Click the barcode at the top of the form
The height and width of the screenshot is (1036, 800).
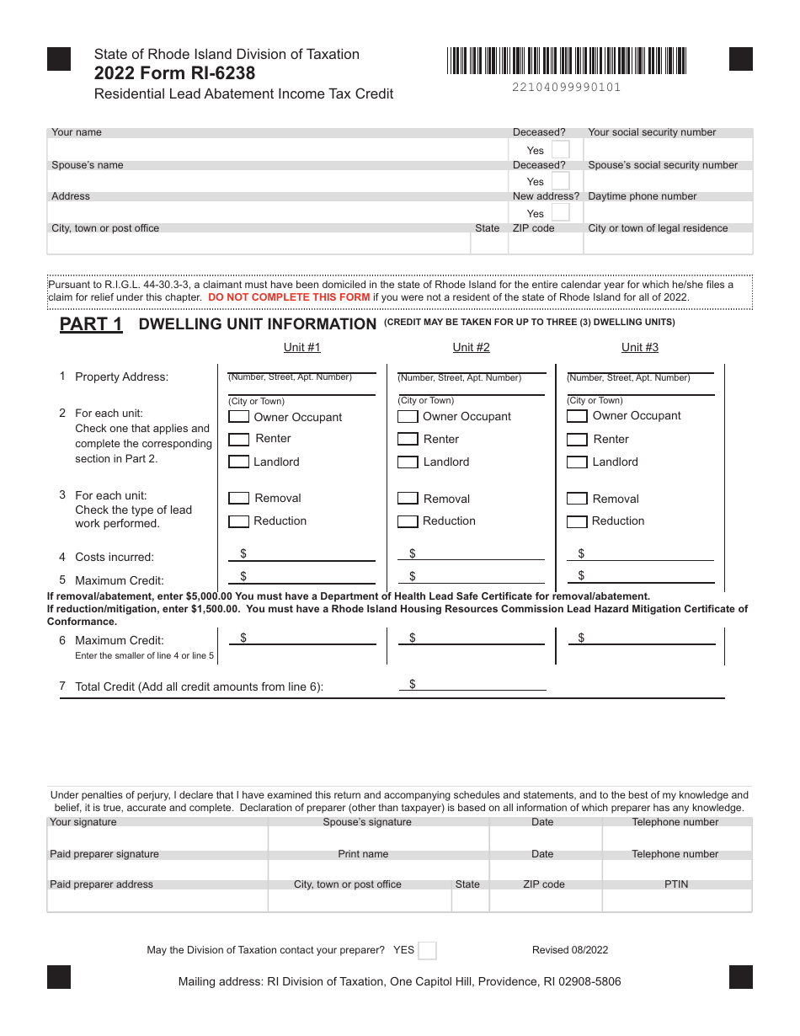(567, 61)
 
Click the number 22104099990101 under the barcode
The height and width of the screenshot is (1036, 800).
(566, 87)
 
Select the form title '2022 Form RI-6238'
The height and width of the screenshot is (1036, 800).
(174, 73)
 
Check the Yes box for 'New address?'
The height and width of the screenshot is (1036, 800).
(560, 213)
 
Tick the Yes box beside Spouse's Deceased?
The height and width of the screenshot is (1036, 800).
(560, 181)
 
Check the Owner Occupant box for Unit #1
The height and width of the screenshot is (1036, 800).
(238, 417)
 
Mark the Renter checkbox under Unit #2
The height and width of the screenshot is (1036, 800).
(408, 439)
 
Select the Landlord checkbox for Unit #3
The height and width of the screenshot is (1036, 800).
(577, 462)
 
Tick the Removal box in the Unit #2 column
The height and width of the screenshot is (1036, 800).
(408, 499)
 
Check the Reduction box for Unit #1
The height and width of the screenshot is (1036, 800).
(238, 521)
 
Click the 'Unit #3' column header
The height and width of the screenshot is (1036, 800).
(640, 347)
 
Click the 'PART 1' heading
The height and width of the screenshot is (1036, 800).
(91, 324)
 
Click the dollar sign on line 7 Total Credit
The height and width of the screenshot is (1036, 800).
(413, 684)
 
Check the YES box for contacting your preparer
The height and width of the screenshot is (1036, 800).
(427, 950)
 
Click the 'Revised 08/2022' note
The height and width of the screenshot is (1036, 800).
(570, 950)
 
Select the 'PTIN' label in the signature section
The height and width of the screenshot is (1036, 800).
(676, 884)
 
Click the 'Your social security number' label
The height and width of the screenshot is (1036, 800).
(652, 132)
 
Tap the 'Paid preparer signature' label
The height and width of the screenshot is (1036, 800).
(104, 854)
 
